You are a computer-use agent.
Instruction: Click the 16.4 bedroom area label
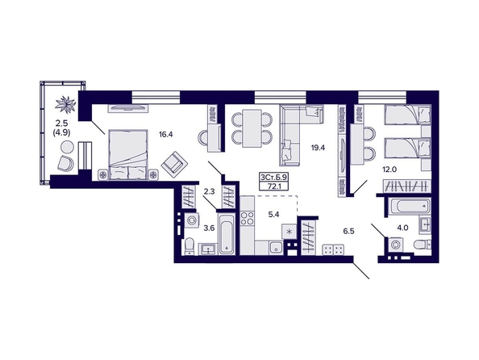pyautogui.click(x=166, y=134)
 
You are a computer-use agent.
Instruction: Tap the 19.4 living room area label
pyautogui.click(x=318, y=148)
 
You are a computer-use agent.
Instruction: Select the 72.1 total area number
pyautogui.click(x=273, y=186)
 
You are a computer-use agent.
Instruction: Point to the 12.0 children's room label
pyautogui.click(x=389, y=170)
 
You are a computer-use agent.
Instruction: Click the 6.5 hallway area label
pyautogui.click(x=348, y=231)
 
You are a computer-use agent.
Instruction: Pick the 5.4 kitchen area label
pyautogui.click(x=273, y=215)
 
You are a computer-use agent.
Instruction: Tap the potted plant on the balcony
pyautogui.click(x=65, y=103)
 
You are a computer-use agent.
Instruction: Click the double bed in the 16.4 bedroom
pyautogui.click(x=127, y=155)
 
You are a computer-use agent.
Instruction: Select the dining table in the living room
pyautogui.click(x=252, y=128)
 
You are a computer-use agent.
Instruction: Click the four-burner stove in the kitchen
pyautogui.click(x=247, y=218)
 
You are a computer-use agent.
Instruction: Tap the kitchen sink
pyautogui.click(x=277, y=248)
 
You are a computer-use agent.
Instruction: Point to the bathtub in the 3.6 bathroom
pyautogui.click(x=227, y=234)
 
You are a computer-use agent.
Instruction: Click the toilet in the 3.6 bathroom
pyautogui.click(x=190, y=246)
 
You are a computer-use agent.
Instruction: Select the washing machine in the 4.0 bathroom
pyautogui.click(x=395, y=245)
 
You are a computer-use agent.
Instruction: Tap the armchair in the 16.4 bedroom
pyautogui.click(x=174, y=165)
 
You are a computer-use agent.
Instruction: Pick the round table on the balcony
pyautogui.click(x=67, y=147)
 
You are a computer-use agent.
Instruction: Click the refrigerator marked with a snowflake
pyautogui.click(x=289, y=231)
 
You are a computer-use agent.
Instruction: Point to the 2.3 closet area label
pyautogui.click(x=209, y=192)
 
